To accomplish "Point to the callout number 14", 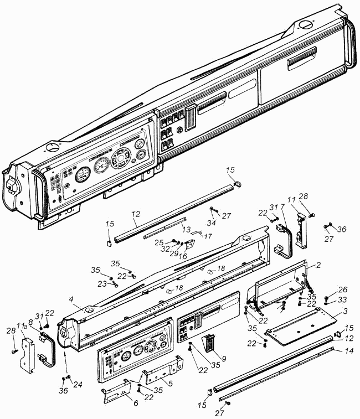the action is (349, 351).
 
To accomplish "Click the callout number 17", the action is (208, 236).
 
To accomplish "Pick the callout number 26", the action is (343, 289).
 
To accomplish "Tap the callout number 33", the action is (343, 299).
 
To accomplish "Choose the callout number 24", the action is (78, 384).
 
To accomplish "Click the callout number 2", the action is (318, 265).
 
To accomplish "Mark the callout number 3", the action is (345, 311).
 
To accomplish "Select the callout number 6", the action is (136, 403).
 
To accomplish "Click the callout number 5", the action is (170, 384).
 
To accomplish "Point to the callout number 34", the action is (211, 223).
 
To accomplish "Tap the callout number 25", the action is (159, 242).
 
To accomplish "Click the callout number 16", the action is (183, 256).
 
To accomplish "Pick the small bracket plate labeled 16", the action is (191, 245).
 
